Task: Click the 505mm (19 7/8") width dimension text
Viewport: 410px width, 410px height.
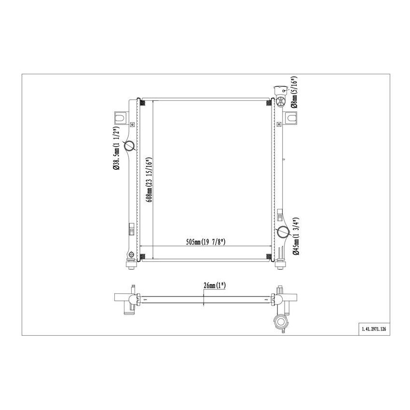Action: coord(206,242)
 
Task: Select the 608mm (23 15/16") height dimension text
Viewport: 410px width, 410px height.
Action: coord(150,179)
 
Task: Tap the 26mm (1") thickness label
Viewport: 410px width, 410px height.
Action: coord(214,286)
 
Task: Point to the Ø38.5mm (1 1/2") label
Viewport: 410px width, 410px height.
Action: coord(116,148)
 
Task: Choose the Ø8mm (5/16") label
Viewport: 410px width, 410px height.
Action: coord(294,92)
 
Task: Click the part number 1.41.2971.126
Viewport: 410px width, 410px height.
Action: coord(373,330)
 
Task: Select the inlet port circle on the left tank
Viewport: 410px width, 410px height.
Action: coord(130,146)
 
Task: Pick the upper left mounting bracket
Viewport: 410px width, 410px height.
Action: coord(120,117)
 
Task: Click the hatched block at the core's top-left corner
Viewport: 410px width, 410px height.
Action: coord(142,102)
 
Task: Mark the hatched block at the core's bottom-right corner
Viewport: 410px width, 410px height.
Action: coord(269,256)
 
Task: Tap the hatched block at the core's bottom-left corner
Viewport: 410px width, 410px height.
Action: coord(142,256)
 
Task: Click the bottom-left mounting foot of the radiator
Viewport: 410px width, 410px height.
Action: coord(130,265)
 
